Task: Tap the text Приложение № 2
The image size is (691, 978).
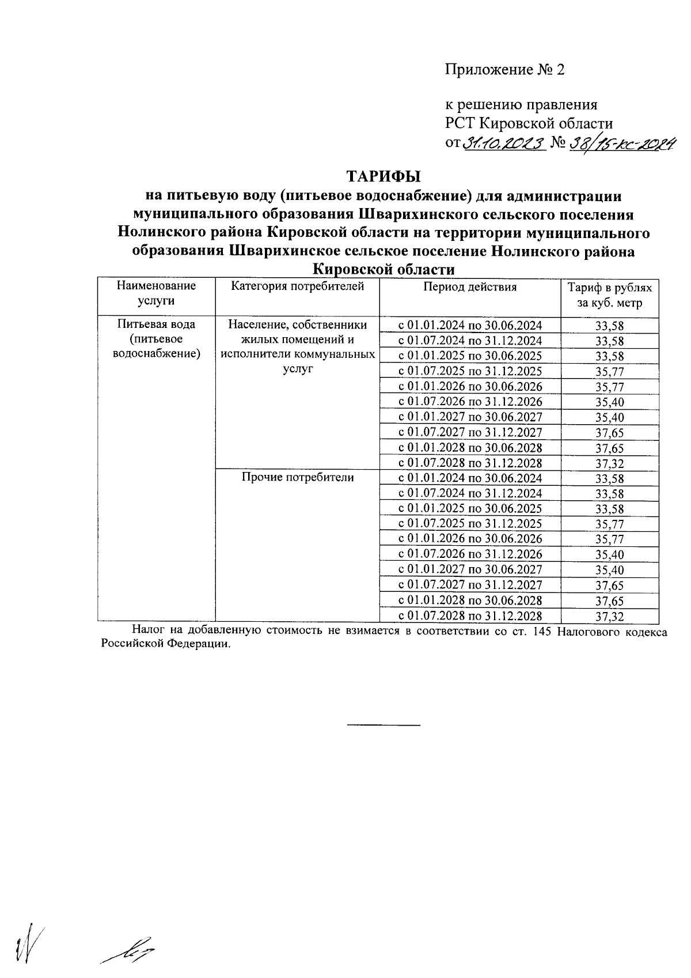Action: [x=504, y=70]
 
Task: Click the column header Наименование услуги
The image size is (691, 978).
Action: [x=156, y=293]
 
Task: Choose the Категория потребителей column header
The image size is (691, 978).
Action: [x=297, y=286]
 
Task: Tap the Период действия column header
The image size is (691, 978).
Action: [x=470, y=286]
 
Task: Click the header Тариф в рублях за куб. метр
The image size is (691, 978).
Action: [x=609, y=294]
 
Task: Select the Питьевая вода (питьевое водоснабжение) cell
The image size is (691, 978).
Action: [x=156, y=339]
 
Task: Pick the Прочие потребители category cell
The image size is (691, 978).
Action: [x=297, y=477]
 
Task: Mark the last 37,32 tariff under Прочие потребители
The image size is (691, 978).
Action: [x=609, y=616]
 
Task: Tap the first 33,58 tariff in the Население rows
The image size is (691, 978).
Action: [x=609, y=326]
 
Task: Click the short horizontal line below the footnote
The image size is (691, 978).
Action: [x=384, y=724]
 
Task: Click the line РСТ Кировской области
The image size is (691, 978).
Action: [x=528, y=123]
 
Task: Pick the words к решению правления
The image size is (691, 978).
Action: [x=521, y=105]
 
